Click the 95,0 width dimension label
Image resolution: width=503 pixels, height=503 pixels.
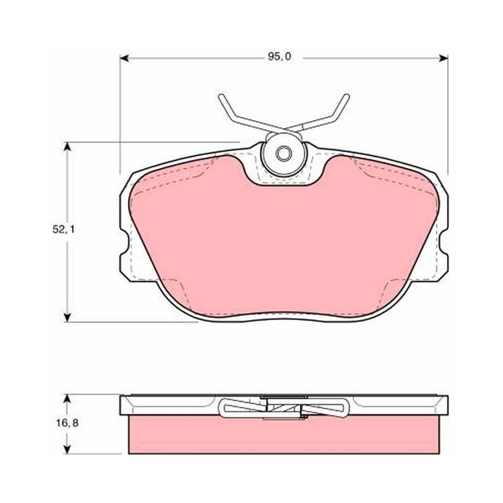click(279, 57)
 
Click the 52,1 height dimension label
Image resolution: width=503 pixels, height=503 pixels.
click(64, 229)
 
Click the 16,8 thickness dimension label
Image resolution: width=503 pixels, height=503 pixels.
click(67, 423)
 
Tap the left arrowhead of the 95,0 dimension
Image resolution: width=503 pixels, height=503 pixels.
click(124, 58)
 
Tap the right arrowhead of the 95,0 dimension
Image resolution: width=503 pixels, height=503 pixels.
click(443, 58)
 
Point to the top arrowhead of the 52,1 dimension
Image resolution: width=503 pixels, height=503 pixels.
click(67, 146)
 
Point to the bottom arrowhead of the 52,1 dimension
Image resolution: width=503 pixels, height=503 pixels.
click(67, 317)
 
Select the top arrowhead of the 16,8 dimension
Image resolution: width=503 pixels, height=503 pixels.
click(67, 399)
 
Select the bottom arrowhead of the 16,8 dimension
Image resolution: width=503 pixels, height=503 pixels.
click(67, 449)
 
